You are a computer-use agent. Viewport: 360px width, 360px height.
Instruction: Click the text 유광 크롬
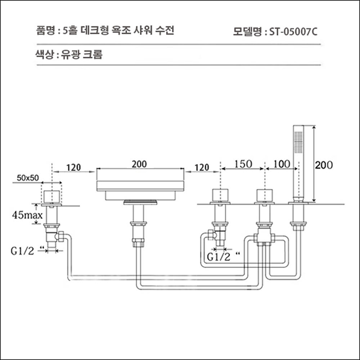coord(83,55)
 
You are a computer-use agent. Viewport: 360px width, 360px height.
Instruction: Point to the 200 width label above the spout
coord(139,164)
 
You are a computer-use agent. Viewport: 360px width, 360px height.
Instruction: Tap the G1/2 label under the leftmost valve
coord(23,251)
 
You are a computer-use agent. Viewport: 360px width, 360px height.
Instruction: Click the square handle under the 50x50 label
coord(52,196)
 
